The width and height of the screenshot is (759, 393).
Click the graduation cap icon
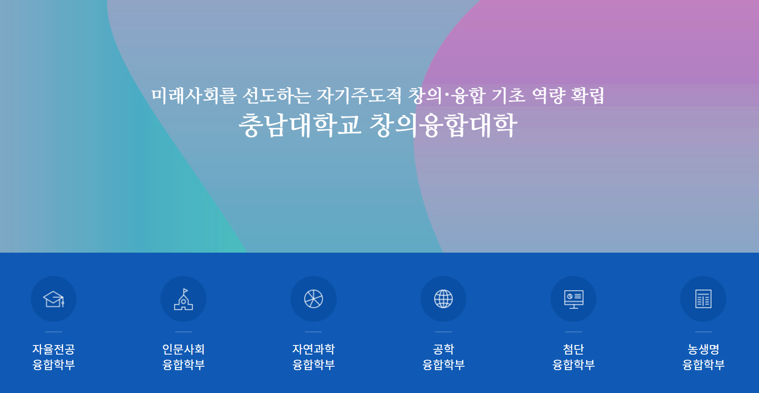tap(54, 299)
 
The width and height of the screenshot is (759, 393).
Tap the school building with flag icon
tap(184, 299)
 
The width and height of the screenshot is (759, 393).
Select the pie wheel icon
tap(313, 299)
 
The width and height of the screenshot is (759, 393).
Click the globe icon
tap(443, 299)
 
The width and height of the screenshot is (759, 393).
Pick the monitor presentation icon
tap(574, 299)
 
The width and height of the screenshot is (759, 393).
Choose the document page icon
tap(703, 299)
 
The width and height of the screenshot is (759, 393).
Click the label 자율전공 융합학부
tap(54, 357)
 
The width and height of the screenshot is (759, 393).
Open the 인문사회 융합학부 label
tap(184, 357)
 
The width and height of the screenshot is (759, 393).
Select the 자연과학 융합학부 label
tap(313, 357)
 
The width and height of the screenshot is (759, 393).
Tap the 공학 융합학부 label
tap(443, 357)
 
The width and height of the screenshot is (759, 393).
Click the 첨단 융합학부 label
tap(574, 357)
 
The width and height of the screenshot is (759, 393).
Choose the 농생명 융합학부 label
tap(703, 357)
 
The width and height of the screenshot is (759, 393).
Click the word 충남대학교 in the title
tap(300, 125)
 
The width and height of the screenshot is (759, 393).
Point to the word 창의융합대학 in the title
tap(443, 125)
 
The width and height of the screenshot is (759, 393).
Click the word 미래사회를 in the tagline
tap(194, 95)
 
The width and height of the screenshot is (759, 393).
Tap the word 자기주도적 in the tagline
tap(359, 95)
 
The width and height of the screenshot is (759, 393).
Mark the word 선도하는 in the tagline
tap(277, 95)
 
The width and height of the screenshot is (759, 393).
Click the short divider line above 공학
tap(443, 332)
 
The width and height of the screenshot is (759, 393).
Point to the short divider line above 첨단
tap(574, 332)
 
